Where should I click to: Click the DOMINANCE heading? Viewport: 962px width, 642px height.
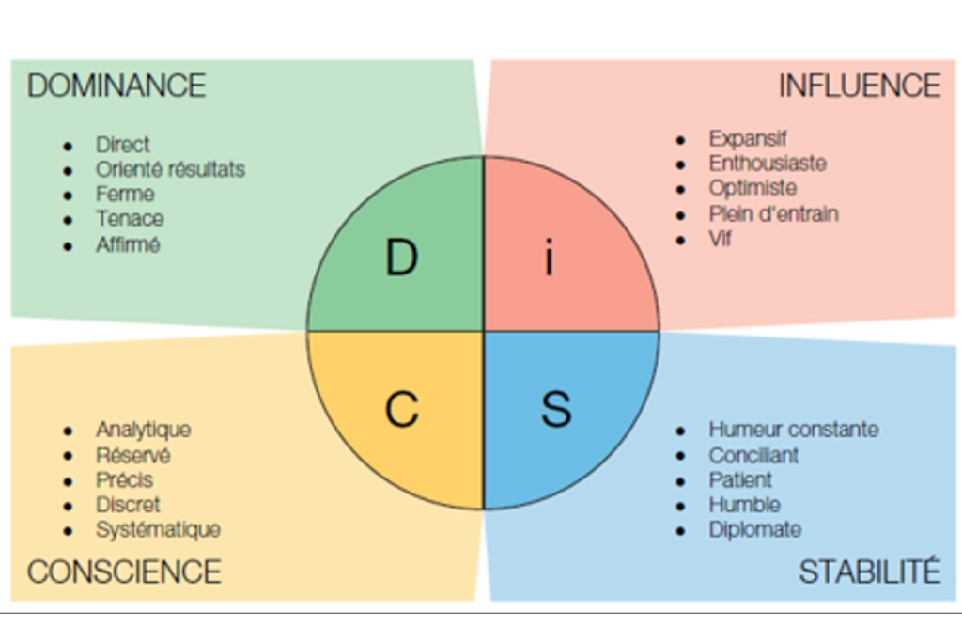click(x=116, y=86)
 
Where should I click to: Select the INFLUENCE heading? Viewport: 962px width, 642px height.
click(x=859, y=86)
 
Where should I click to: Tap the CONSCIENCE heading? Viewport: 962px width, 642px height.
click(x=124, y=572)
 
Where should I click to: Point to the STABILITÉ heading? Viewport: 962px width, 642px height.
click(x=869, y=572)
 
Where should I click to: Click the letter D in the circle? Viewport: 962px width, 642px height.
click(x=401, y=258)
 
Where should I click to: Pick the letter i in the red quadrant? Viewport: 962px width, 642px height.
click(x=550, y=258)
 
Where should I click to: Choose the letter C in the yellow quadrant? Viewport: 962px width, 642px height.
click(x=402, y=409)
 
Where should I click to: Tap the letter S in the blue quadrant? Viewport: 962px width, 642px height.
click(x=556, y=409)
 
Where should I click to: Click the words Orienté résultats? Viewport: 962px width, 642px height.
click(x=170, y=169)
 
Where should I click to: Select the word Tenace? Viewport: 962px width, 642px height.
click(x=130, y=219)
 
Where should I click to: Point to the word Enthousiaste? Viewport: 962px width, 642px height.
click(x=768, y=164)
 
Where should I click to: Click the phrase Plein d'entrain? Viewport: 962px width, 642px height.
click(x=773, y=214)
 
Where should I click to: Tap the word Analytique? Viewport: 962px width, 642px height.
click(x=143, y=430)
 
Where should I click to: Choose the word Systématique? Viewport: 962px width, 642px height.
click(x=158, y=530)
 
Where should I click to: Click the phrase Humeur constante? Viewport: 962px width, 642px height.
click(x=794, y=430)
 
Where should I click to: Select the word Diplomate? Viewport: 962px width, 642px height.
click(x=754, y=530)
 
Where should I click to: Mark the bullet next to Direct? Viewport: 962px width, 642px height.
click(x=68, y=146)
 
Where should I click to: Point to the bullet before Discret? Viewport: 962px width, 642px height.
click(x=68, y=506)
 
